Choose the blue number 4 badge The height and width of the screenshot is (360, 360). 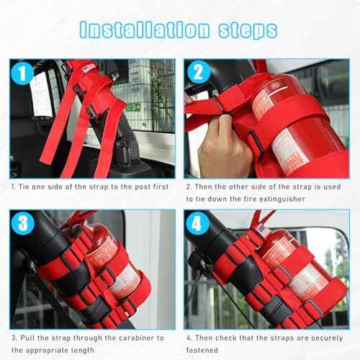click(x=199, y=222)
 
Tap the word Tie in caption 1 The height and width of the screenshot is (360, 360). click(x=27, y=186)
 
